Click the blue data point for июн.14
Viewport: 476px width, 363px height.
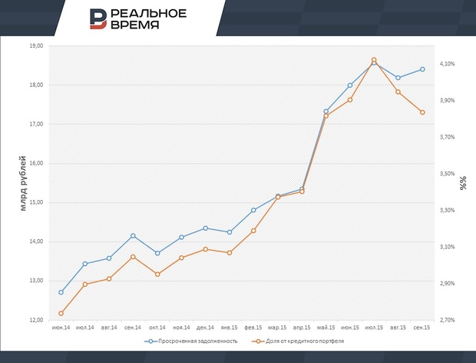click(x=61, y=292)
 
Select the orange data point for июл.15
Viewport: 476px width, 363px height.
click(x=374, y=60)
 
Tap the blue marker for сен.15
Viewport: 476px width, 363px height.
click(x=421, y=69)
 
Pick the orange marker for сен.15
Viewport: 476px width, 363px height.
click(x=421, y=112)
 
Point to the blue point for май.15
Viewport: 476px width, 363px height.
click(x=326, y=112)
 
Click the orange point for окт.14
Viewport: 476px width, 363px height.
click(x=157, y=274)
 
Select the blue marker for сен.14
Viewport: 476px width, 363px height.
click(x=133, y=235)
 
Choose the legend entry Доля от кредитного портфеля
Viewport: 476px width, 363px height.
click(x=299, y=340)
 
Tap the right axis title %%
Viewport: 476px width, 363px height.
click(x=463, y=183)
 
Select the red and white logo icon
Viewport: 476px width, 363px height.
click(x=98, y=18)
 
